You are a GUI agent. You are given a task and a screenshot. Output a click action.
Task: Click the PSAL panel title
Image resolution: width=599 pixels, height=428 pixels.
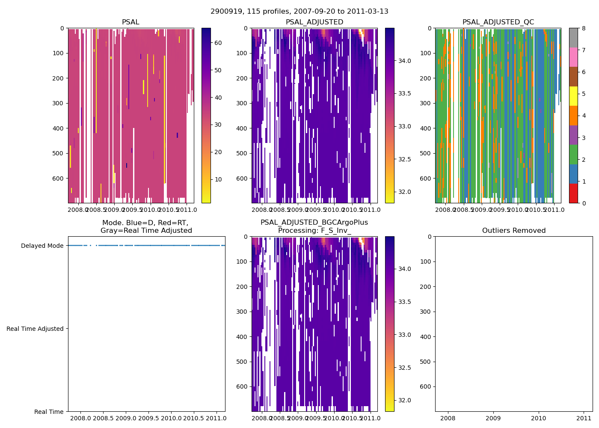[130, 22]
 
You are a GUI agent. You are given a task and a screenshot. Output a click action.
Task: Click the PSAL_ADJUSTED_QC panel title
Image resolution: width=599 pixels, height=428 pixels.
[498, 22]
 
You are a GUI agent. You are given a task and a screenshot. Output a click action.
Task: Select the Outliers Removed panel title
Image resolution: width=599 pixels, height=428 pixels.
[513, 231]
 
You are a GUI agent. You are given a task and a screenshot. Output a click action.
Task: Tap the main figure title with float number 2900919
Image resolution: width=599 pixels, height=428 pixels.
[299, 12]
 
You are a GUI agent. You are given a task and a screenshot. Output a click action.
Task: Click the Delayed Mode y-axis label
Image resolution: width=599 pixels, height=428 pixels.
[42, 246]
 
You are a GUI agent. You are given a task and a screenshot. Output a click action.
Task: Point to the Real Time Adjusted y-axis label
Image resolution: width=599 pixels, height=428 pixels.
[35, 329]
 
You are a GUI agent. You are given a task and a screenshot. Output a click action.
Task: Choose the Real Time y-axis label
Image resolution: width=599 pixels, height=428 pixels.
[49, 412]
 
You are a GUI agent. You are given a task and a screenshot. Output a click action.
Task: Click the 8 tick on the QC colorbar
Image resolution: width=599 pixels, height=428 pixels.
[582, 28]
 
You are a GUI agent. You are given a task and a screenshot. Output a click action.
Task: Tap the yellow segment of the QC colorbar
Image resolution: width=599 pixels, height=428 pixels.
[573, 96]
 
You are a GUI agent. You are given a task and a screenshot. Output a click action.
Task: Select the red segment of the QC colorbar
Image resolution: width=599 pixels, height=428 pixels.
[573, 193]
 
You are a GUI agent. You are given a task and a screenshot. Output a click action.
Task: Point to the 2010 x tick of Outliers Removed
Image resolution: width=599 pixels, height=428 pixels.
[539, 418]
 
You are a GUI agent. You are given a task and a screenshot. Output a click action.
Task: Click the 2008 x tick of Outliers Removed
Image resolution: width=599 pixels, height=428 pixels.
[448, 418]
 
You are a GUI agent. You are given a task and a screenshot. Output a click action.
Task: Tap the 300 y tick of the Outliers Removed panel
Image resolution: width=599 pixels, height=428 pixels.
[426, 312]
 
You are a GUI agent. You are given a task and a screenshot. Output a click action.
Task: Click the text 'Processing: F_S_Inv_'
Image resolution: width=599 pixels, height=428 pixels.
[314, 231]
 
